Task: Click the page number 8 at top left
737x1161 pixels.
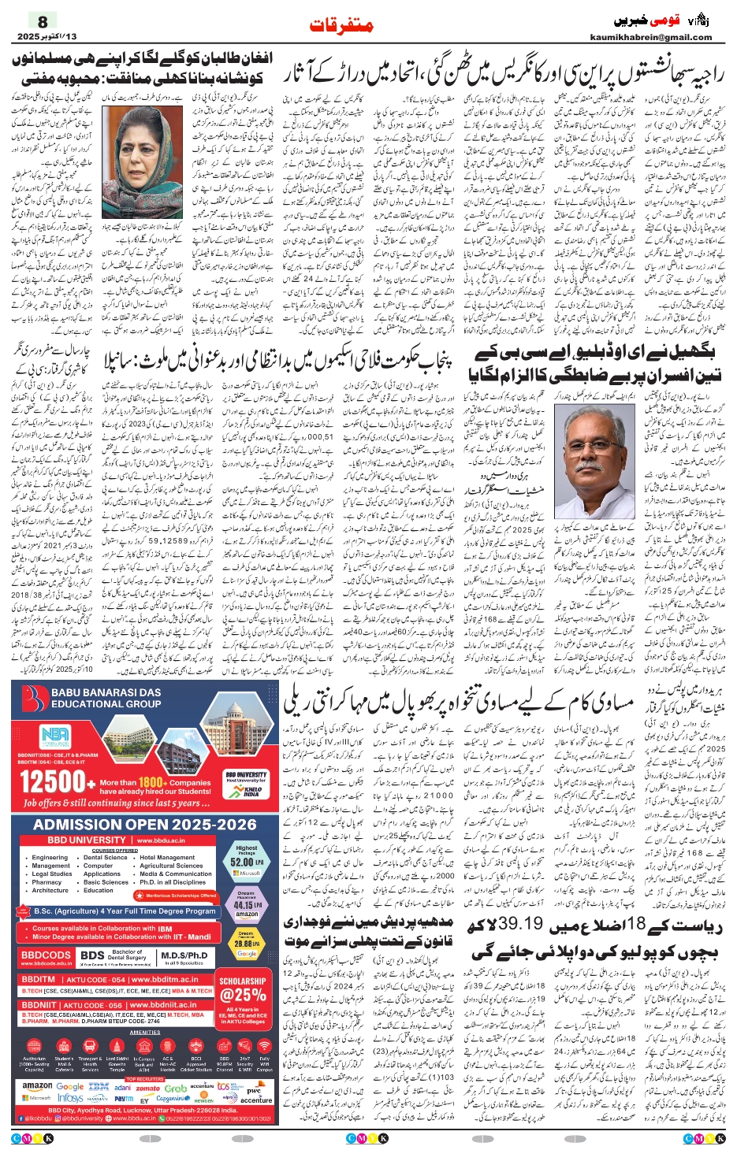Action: pos(43,21)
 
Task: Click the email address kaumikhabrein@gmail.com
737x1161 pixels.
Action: pos(650,37)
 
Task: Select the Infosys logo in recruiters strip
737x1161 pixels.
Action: pos(70,1098)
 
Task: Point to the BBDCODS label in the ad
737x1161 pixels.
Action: pos(45,955)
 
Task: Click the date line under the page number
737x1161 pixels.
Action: pos(47,37)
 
